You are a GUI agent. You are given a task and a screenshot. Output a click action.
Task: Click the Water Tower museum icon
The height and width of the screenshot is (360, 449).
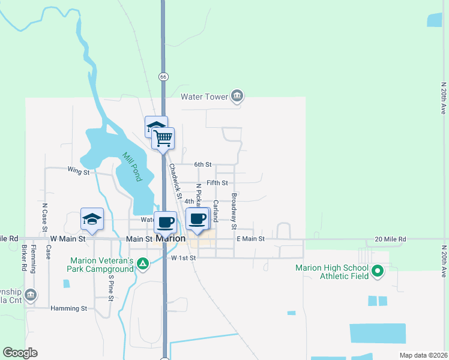(x=237, y=96)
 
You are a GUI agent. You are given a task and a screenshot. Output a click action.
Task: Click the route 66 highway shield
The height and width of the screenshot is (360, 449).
(x=163, y=77)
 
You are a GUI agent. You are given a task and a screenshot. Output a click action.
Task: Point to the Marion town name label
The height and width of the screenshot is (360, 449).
(x=170, y=238)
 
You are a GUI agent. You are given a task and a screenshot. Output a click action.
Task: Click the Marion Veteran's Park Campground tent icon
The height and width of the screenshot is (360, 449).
(x=142, y=263)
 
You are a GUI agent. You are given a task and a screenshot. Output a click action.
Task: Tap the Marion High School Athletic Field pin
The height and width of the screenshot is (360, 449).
(x=378, y=272)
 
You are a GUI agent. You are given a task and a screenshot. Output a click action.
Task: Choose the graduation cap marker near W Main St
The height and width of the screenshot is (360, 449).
(x=92, y=219)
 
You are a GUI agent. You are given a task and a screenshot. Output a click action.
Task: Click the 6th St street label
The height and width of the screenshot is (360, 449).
(x=203, y=164)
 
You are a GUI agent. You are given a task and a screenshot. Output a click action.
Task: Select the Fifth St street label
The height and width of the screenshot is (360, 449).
(x=217, y=182)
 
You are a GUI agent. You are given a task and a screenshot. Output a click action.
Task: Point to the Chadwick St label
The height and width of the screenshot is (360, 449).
(x=175, y=181)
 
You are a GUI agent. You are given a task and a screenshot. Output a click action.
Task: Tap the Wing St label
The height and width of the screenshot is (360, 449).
(x=78, y=172)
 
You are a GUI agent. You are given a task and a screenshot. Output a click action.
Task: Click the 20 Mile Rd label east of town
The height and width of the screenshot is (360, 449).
(x=390, y=239)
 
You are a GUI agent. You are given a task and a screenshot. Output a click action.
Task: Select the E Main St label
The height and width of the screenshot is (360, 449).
(x=250, y=239)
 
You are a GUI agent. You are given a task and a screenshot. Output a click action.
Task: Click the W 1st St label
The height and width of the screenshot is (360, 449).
(x=184, y=258)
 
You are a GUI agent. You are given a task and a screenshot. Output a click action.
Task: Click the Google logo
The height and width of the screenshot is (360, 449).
(x=20, y=353)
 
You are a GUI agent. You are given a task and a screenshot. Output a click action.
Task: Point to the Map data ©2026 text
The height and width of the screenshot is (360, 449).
(x=423, y=355)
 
